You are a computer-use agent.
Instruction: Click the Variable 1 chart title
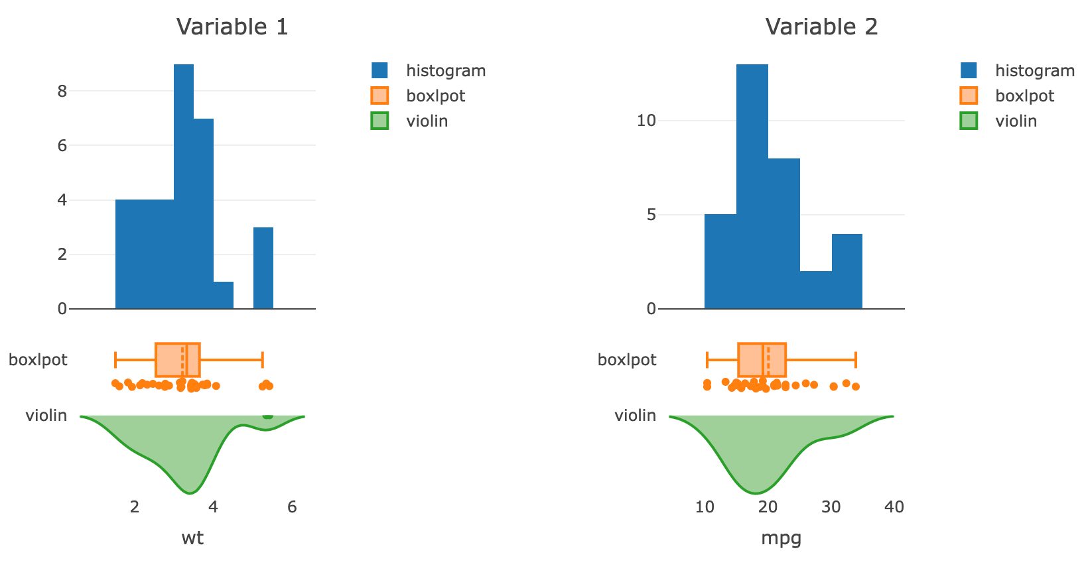[x=232, y=27]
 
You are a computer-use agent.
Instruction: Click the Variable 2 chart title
[x=821, y=27]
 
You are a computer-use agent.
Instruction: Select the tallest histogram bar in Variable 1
[x=184, y=186]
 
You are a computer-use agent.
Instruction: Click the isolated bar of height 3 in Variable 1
[x=263, y=268]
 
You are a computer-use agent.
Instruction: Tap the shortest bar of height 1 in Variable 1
[x=224, y=296]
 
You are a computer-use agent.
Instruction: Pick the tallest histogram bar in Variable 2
[x=752, y=186]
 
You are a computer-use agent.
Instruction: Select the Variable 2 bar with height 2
[x=816, y=290]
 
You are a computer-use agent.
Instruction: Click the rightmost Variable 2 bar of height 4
[x=847, y=271]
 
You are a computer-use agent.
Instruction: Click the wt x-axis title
[x=192, y=538]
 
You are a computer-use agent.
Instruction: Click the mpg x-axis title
[x=781, y=538]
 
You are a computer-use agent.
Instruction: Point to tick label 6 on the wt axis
[x=292, y=507]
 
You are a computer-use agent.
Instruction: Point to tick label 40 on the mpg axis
[x=894, y=507]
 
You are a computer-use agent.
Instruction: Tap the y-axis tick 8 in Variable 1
[x=62, y=91]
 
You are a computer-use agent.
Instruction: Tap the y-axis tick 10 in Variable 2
[x=646, y=121]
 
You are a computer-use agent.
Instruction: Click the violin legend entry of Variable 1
[x=427, y=121]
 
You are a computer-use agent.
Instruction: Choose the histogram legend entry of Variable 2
[x=1034, y=70]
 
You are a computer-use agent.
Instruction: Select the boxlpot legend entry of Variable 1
[x=435, y=95]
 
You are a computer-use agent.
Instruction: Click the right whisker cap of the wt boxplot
[x=263, y=360]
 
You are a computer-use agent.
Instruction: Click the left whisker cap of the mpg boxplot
[x=707, y=360]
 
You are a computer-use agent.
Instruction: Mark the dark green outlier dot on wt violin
[x=268, y=416]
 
